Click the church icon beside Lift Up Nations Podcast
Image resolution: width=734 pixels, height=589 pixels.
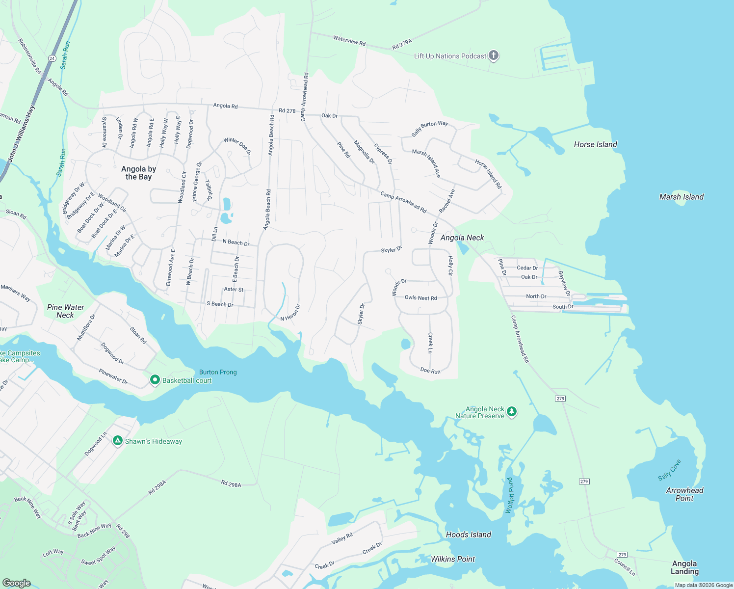(x=494, y=55)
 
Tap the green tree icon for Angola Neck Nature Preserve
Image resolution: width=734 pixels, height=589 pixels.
(x=511, y=411)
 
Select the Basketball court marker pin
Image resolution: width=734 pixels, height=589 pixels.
(x=155, y=380)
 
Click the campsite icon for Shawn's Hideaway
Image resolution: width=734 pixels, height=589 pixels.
(x=118, y=441)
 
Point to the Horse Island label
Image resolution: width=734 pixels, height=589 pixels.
(x=595, y=144)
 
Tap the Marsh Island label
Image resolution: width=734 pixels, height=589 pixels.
(x=681, y=197)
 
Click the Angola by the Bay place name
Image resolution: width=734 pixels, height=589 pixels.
(x=138, y=173)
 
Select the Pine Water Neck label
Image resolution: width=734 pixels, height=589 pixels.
(x=65, y=311)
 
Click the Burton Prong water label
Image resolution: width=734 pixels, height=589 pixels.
(x=218, y=372)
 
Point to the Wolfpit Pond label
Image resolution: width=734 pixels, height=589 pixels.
(x=510, y=495)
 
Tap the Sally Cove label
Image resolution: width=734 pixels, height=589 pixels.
(x=669, y=470)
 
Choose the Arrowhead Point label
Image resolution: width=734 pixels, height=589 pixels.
(x=684, y=494)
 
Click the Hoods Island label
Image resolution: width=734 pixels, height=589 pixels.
(x=468, y=535)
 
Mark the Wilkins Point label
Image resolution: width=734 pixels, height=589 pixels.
(x=452, y=559)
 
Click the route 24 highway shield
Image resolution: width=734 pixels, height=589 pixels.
(x=52, y=58)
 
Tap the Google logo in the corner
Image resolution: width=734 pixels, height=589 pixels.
(x=16, y=583)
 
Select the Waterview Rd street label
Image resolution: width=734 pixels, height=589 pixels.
(x=349, y=40)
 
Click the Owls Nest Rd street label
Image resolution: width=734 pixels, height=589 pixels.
(x=420, y=298)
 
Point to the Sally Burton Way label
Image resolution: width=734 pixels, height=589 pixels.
(x=429, y=128)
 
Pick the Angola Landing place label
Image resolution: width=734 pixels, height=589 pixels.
(x=684, y=567)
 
